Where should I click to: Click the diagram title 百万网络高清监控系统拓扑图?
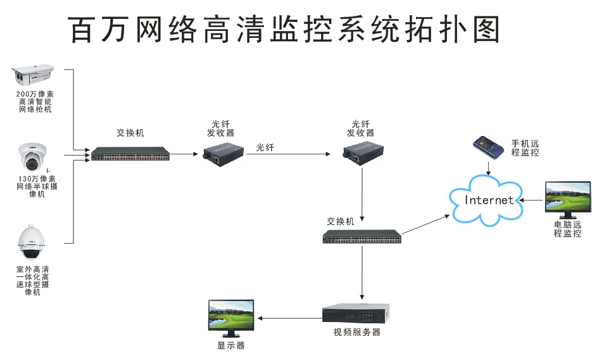tap(284, 29)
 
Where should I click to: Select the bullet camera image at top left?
tap(35, 75)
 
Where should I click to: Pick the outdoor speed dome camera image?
tap(32, 243)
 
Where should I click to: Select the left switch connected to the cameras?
tap(130, 154)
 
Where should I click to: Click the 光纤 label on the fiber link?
tap(265, 147)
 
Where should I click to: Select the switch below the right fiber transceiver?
tap(362, 237)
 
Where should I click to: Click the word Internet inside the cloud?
tap(489, 200)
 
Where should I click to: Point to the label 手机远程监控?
tap(525, 147)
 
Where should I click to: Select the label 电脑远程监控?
tap(567, 229)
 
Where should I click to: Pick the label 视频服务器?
tap(357, 332)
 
